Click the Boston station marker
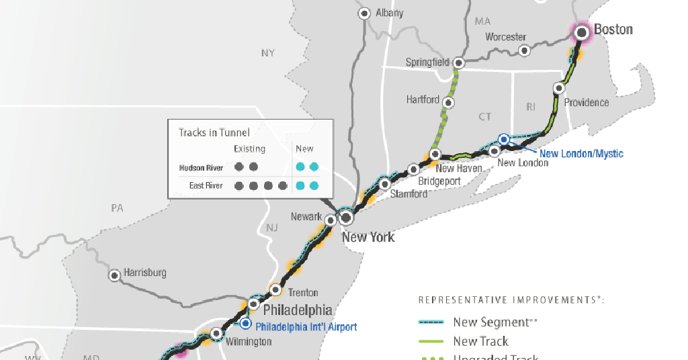point(582,31)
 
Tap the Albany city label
point(389,13)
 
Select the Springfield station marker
point(460,64)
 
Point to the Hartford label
point(423,100)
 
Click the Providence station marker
point(558,88)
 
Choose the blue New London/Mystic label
point(581,154)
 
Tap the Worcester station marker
point(525,50)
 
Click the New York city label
point(368,237)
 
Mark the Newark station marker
point(330,220)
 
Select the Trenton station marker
point(275,290)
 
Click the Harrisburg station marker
point(115,275)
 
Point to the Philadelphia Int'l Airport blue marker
point(246,324)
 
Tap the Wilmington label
point(249,342)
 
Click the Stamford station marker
point(385,183)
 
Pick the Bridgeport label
point(439,181)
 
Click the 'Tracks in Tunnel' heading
point(214,132)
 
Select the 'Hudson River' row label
point(201,167)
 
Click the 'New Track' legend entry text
point(480,341)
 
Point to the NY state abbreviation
point(268,53)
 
